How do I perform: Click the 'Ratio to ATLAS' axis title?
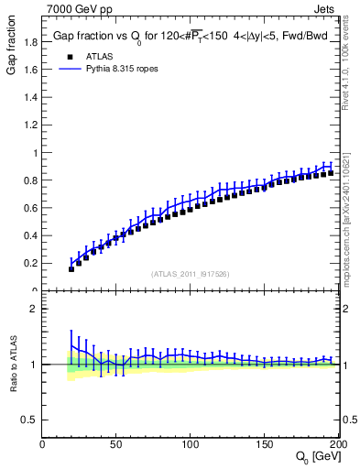click(12, 365)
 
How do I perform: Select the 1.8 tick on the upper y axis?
click(30, 42)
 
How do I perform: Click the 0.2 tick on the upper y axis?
click(30, 263)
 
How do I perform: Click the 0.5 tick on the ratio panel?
click(30, 420)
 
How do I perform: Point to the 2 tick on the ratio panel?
click(34, 309)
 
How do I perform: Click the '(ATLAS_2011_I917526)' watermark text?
click(191, 273)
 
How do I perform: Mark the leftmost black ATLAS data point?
click(71, 269)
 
